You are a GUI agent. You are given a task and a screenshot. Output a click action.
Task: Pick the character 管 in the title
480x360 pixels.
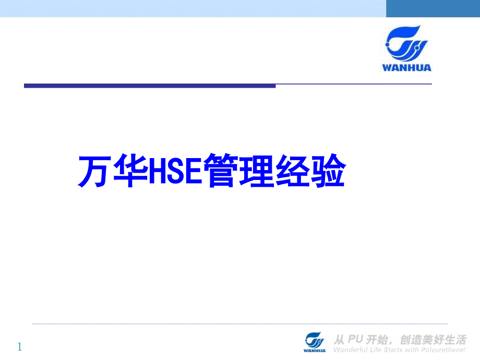pyautogui.click(x=221, y=171)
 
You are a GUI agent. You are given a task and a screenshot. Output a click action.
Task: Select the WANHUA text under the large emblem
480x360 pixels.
pyautogui.click(x=407, y=67)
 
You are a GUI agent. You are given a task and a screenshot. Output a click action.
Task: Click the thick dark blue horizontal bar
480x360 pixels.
pyautogui.click(x=149, y=85)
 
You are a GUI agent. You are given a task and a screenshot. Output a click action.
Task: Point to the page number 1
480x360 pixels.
pyautogui.click(x=20, y=346)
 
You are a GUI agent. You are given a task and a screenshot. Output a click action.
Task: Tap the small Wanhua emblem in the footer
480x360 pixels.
pyautogui.click(x=315, y=339)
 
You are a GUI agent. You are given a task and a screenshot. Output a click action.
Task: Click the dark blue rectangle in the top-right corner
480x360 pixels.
pyautogui.click(x=433, y=8)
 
